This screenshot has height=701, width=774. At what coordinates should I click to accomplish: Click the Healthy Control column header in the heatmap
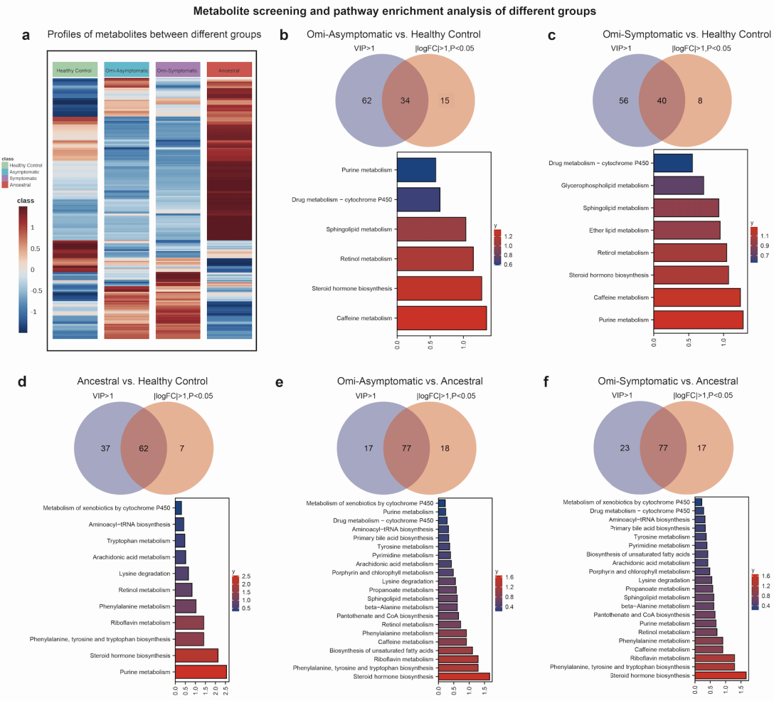[75, 70]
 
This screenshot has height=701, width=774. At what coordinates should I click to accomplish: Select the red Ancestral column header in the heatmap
[229, 70]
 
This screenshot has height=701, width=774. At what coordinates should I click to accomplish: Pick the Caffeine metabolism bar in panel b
[441, 318]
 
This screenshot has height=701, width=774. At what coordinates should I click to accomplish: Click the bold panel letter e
[280, 382]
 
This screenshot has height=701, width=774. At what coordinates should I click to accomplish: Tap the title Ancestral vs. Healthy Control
[142, 381]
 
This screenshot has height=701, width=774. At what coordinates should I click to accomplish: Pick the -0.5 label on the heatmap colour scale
[38, 290]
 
